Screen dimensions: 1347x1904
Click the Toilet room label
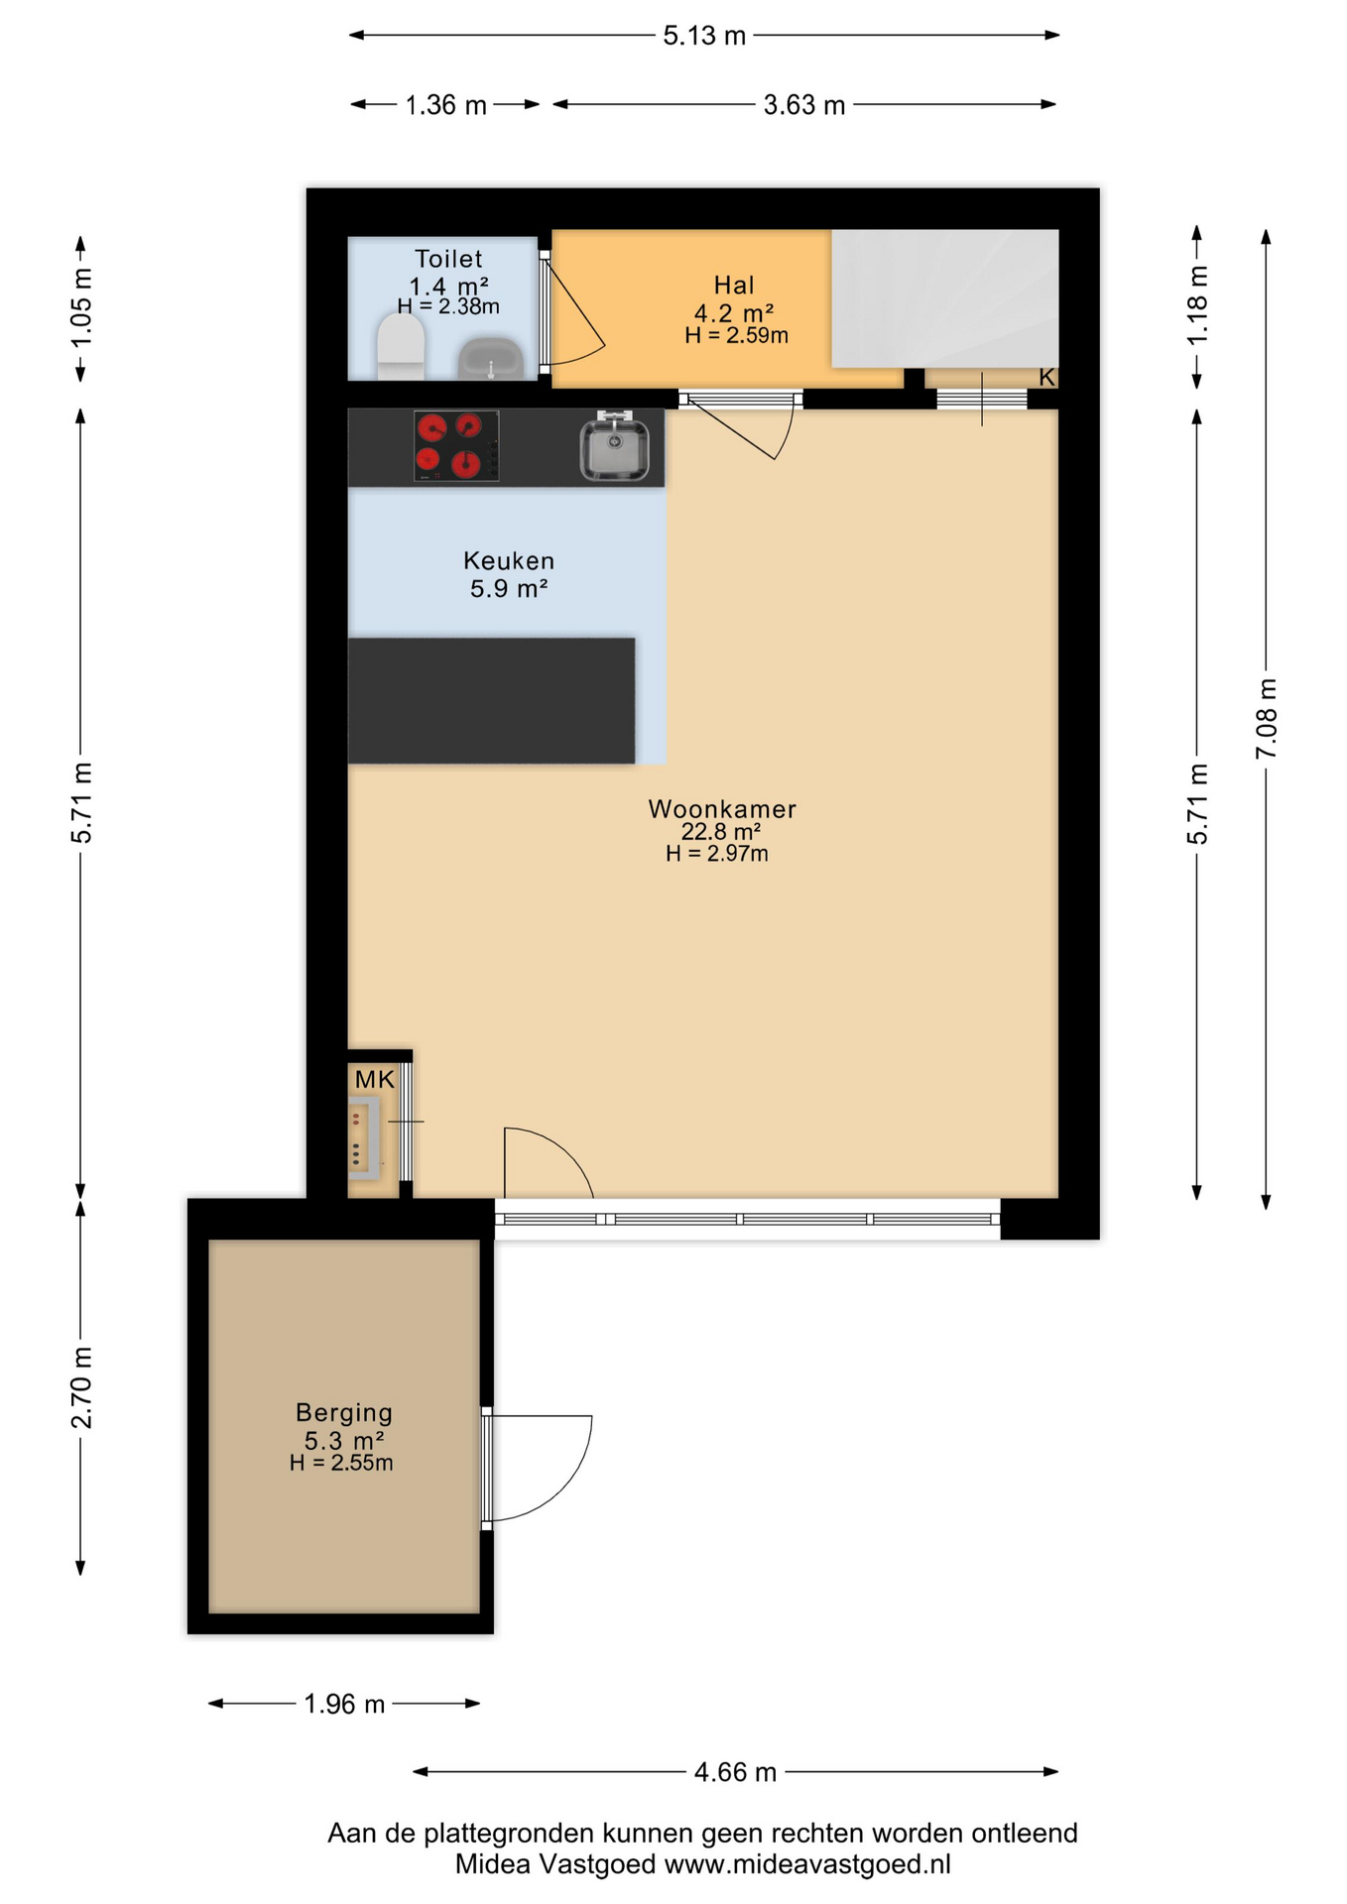pos(448,259)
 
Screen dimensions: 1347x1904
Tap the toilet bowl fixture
pos(401,346)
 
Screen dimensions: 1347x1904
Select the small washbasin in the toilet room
pos(490,358)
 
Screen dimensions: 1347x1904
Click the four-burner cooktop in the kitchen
pos(456,445)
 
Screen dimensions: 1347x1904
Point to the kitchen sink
pos(614,446)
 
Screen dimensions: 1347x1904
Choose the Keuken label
pos(509,561)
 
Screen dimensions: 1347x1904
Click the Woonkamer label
pos(722,809)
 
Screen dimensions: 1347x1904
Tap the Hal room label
pos(734,286)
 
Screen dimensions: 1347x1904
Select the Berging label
pos(344,1413)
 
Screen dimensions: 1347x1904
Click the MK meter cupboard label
pos(375,1080)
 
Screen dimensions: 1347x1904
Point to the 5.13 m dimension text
pos(704,37)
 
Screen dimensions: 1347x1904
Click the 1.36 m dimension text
pos(446,105)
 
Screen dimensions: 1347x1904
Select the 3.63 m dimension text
pos(804,105)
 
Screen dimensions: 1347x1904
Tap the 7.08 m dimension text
pos(1267,719)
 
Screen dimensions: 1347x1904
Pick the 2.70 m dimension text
pos(81,1388)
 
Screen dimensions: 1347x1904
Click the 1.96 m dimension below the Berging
pos(344,1704)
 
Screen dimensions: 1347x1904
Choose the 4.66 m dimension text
pos(735,1772)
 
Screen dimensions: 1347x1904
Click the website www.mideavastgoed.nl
pos(807,1865)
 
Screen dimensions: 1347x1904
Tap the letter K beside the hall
pos(1046,378)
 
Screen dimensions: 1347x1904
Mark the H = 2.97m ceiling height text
pos(717,854)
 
